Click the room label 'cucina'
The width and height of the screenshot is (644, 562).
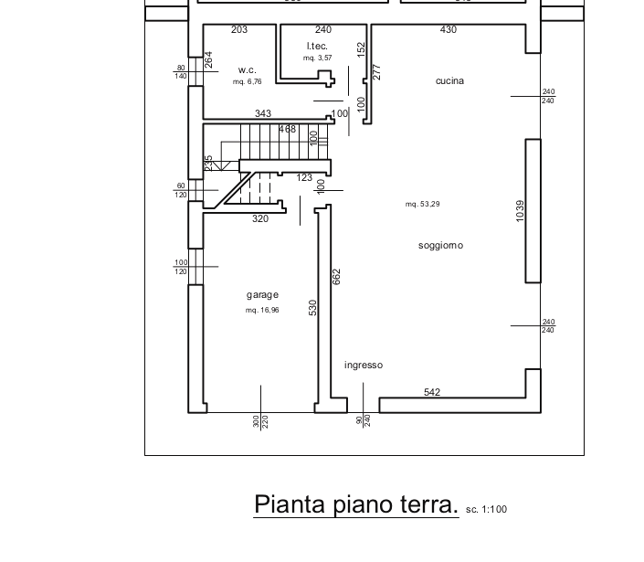coord(449,81)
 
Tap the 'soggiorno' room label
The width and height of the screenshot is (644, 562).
coord(441,245)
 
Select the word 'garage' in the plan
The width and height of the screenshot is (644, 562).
coord(262,295)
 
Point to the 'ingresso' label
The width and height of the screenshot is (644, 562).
coord(364,366)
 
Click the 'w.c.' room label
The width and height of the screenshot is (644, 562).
coord(247,69)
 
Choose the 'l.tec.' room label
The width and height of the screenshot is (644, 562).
coord(317,46)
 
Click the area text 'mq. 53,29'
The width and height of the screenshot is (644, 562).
coord(423,205)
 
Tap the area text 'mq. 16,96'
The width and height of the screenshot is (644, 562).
coord(262,311)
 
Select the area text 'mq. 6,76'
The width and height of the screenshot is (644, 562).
coord(247,82)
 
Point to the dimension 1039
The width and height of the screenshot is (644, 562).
coord(520,211)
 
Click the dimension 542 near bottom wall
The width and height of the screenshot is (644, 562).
coord(432,393)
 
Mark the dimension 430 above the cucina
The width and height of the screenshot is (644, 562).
coord(448,30)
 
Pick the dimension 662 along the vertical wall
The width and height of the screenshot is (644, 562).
coord(336,276)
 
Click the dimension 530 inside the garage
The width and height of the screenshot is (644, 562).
coord(312,308)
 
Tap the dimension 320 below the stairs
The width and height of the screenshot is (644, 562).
coord(260,219)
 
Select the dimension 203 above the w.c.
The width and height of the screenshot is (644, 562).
coord(239,30)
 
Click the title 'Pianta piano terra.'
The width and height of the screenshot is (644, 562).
coord(356,504)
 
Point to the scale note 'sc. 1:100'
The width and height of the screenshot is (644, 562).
coord(486,510)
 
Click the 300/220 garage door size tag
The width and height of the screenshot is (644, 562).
coord(260,421)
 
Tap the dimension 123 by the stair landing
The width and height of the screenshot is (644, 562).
coord(304,178)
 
